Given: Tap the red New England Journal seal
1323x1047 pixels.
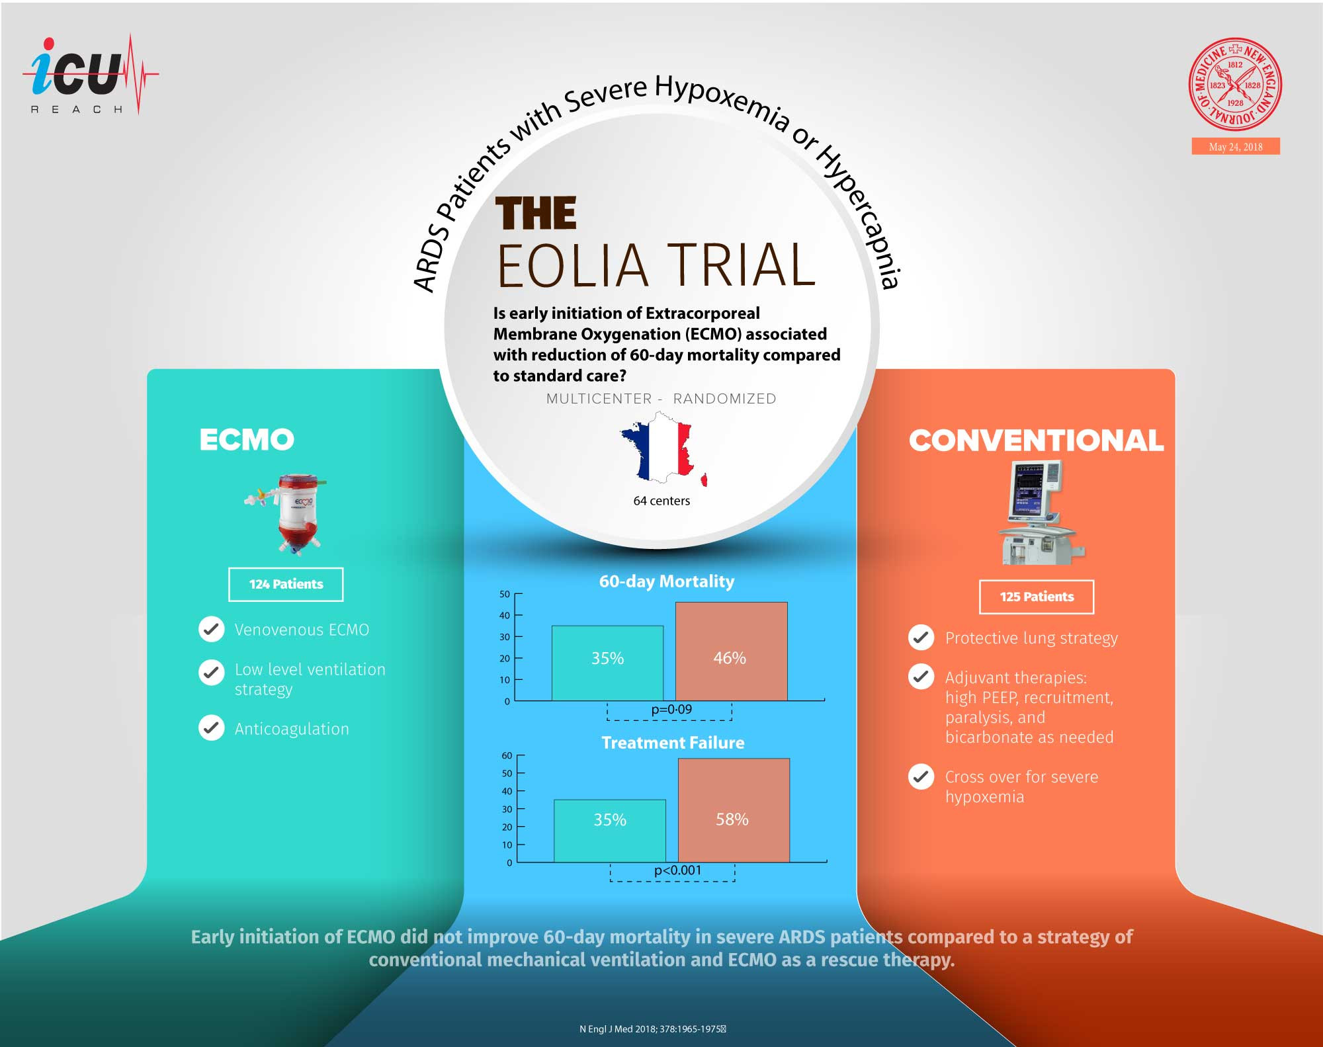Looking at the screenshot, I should coord(1235,84).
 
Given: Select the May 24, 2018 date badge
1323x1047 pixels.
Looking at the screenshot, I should coord(1235,147).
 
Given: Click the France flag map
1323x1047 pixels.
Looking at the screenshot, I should coord(663,448).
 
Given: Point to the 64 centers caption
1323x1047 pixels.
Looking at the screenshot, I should coord(661,501).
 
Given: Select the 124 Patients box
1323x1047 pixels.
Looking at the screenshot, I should coord(286,584).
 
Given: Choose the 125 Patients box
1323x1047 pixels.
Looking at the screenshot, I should coord(1037,597).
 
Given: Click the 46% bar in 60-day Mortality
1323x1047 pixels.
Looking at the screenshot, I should coord(731,651).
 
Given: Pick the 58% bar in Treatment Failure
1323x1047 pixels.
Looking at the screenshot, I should coord(734,810).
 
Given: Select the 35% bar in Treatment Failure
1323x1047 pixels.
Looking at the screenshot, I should coord(610,830).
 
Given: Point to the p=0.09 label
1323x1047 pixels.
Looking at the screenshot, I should coord(671,710).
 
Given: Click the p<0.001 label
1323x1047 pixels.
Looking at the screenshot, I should coord(677,870).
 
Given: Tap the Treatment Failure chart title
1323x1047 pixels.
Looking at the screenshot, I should coord(673,743).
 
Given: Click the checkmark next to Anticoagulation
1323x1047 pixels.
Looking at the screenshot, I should coord(212,728).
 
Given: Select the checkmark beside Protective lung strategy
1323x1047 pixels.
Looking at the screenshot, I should coord(921,638).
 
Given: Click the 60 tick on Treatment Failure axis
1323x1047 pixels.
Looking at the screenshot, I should coord(507,755).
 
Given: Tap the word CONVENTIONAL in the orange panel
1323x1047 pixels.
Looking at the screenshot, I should coord(1036,440).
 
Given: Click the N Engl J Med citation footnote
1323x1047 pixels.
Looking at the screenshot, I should coord(652,1029).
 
